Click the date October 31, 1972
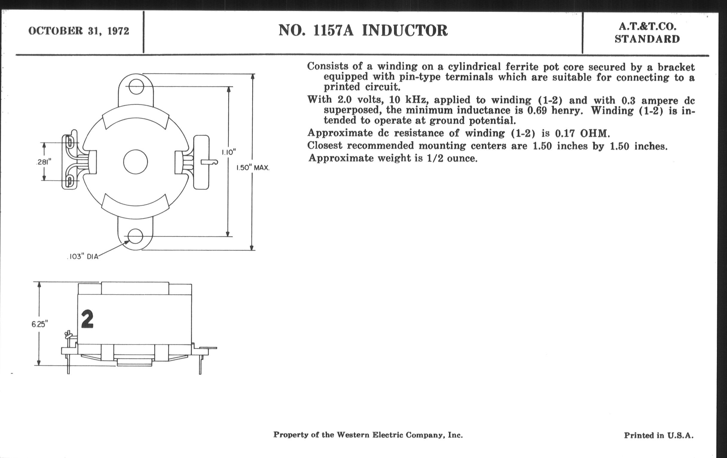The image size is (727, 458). pos(79,31)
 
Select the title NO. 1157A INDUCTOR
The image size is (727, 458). pos(363,31)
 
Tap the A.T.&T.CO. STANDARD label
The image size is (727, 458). pos(647,33)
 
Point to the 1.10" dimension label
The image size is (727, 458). pos(229,152)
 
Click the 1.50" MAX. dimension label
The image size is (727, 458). pos(253,168)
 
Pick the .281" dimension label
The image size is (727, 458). pos(44,162)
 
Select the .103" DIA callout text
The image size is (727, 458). pos(83,257)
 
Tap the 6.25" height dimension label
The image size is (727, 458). pos(39,324)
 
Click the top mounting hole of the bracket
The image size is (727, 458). pos(136,87)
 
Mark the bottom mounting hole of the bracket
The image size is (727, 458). pos(135,236)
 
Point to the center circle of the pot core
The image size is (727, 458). pos(135,162)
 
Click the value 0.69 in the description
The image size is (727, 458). pos(537,111)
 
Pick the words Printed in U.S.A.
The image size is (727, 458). pos(659,435)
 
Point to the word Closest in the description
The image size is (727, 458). pos(325,146)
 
